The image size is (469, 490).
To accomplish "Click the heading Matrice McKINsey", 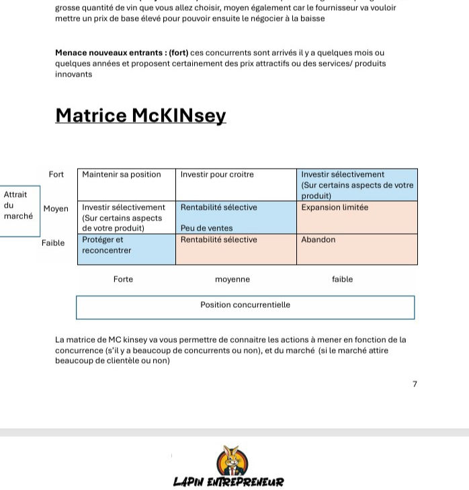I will click(140, 116).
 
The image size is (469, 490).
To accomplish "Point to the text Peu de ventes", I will click(206, 229).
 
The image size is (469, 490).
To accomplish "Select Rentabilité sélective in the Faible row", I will click(218, 240).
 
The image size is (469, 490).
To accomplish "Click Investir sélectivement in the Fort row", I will click(343, 175).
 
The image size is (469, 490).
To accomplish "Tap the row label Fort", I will click(56, 175).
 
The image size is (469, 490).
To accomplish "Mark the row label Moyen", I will click(56, 209).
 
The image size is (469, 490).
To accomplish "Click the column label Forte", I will click(123, 280).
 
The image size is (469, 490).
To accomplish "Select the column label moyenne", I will click(232, 280).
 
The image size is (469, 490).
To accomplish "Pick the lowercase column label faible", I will click(342, 280).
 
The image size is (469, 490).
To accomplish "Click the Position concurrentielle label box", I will click(245, 306).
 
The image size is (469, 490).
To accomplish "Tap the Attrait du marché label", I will click(17, 206).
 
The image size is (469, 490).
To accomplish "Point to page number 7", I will click(415, 384).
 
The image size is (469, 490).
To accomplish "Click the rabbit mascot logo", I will click(232, 460).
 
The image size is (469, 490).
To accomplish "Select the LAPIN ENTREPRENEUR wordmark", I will click(228, 482).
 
